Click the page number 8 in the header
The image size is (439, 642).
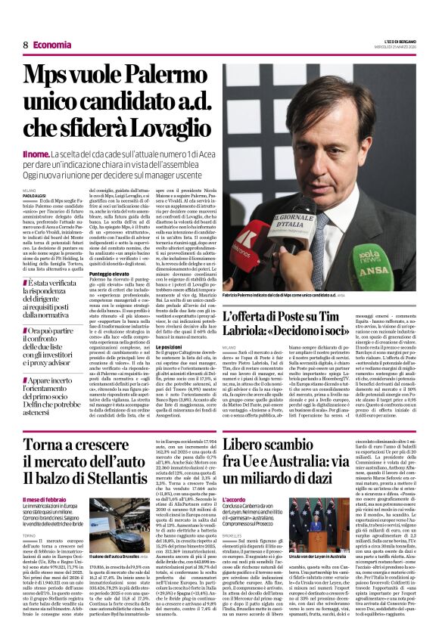click(x=26, y=46)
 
